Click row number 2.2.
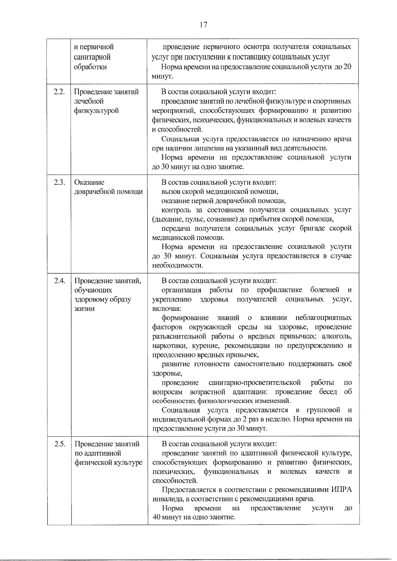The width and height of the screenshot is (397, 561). tap(59, 92)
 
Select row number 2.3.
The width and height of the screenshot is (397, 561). tap(59, 182)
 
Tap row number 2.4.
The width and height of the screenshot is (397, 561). tap(59, 281)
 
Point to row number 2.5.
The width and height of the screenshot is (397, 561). tap(59, 444)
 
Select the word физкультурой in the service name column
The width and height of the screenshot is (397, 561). tap(96, 110)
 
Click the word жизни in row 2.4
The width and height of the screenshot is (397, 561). tap(84, 309)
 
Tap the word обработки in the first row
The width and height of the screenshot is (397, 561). tap(90, 66)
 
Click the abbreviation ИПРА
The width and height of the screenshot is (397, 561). tap(341, 490)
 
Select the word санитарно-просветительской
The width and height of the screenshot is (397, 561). tap(254, 382)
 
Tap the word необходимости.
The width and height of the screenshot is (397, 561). tap(177, 265)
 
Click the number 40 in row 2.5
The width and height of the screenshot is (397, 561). tap(156, 517)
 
